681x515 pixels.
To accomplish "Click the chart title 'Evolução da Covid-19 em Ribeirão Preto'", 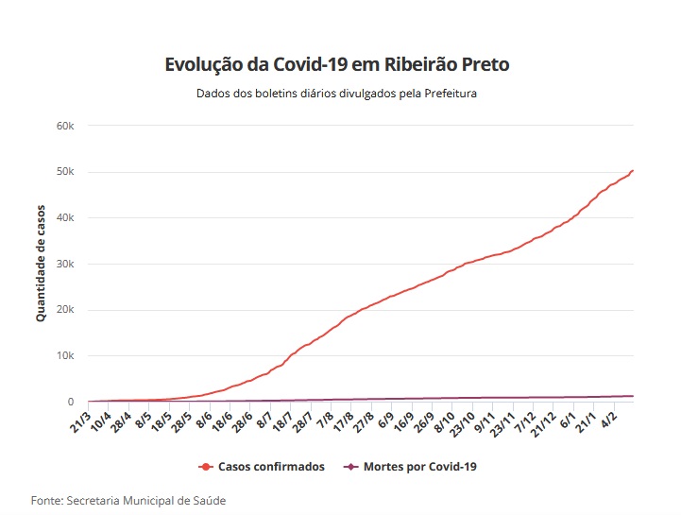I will [x=336, y=65].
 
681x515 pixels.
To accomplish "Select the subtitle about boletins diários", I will [x=336, y=94].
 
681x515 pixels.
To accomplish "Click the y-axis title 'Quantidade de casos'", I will [x=41, y=264].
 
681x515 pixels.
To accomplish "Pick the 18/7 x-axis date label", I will [x=281, y=420].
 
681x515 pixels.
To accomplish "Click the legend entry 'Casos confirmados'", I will [x=271, y=467].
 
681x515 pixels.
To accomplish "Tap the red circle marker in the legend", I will [x=205, y=467].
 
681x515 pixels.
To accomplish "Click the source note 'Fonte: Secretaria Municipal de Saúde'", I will [x=128, y=500].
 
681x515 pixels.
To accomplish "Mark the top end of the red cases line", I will [x=632, y=171].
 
